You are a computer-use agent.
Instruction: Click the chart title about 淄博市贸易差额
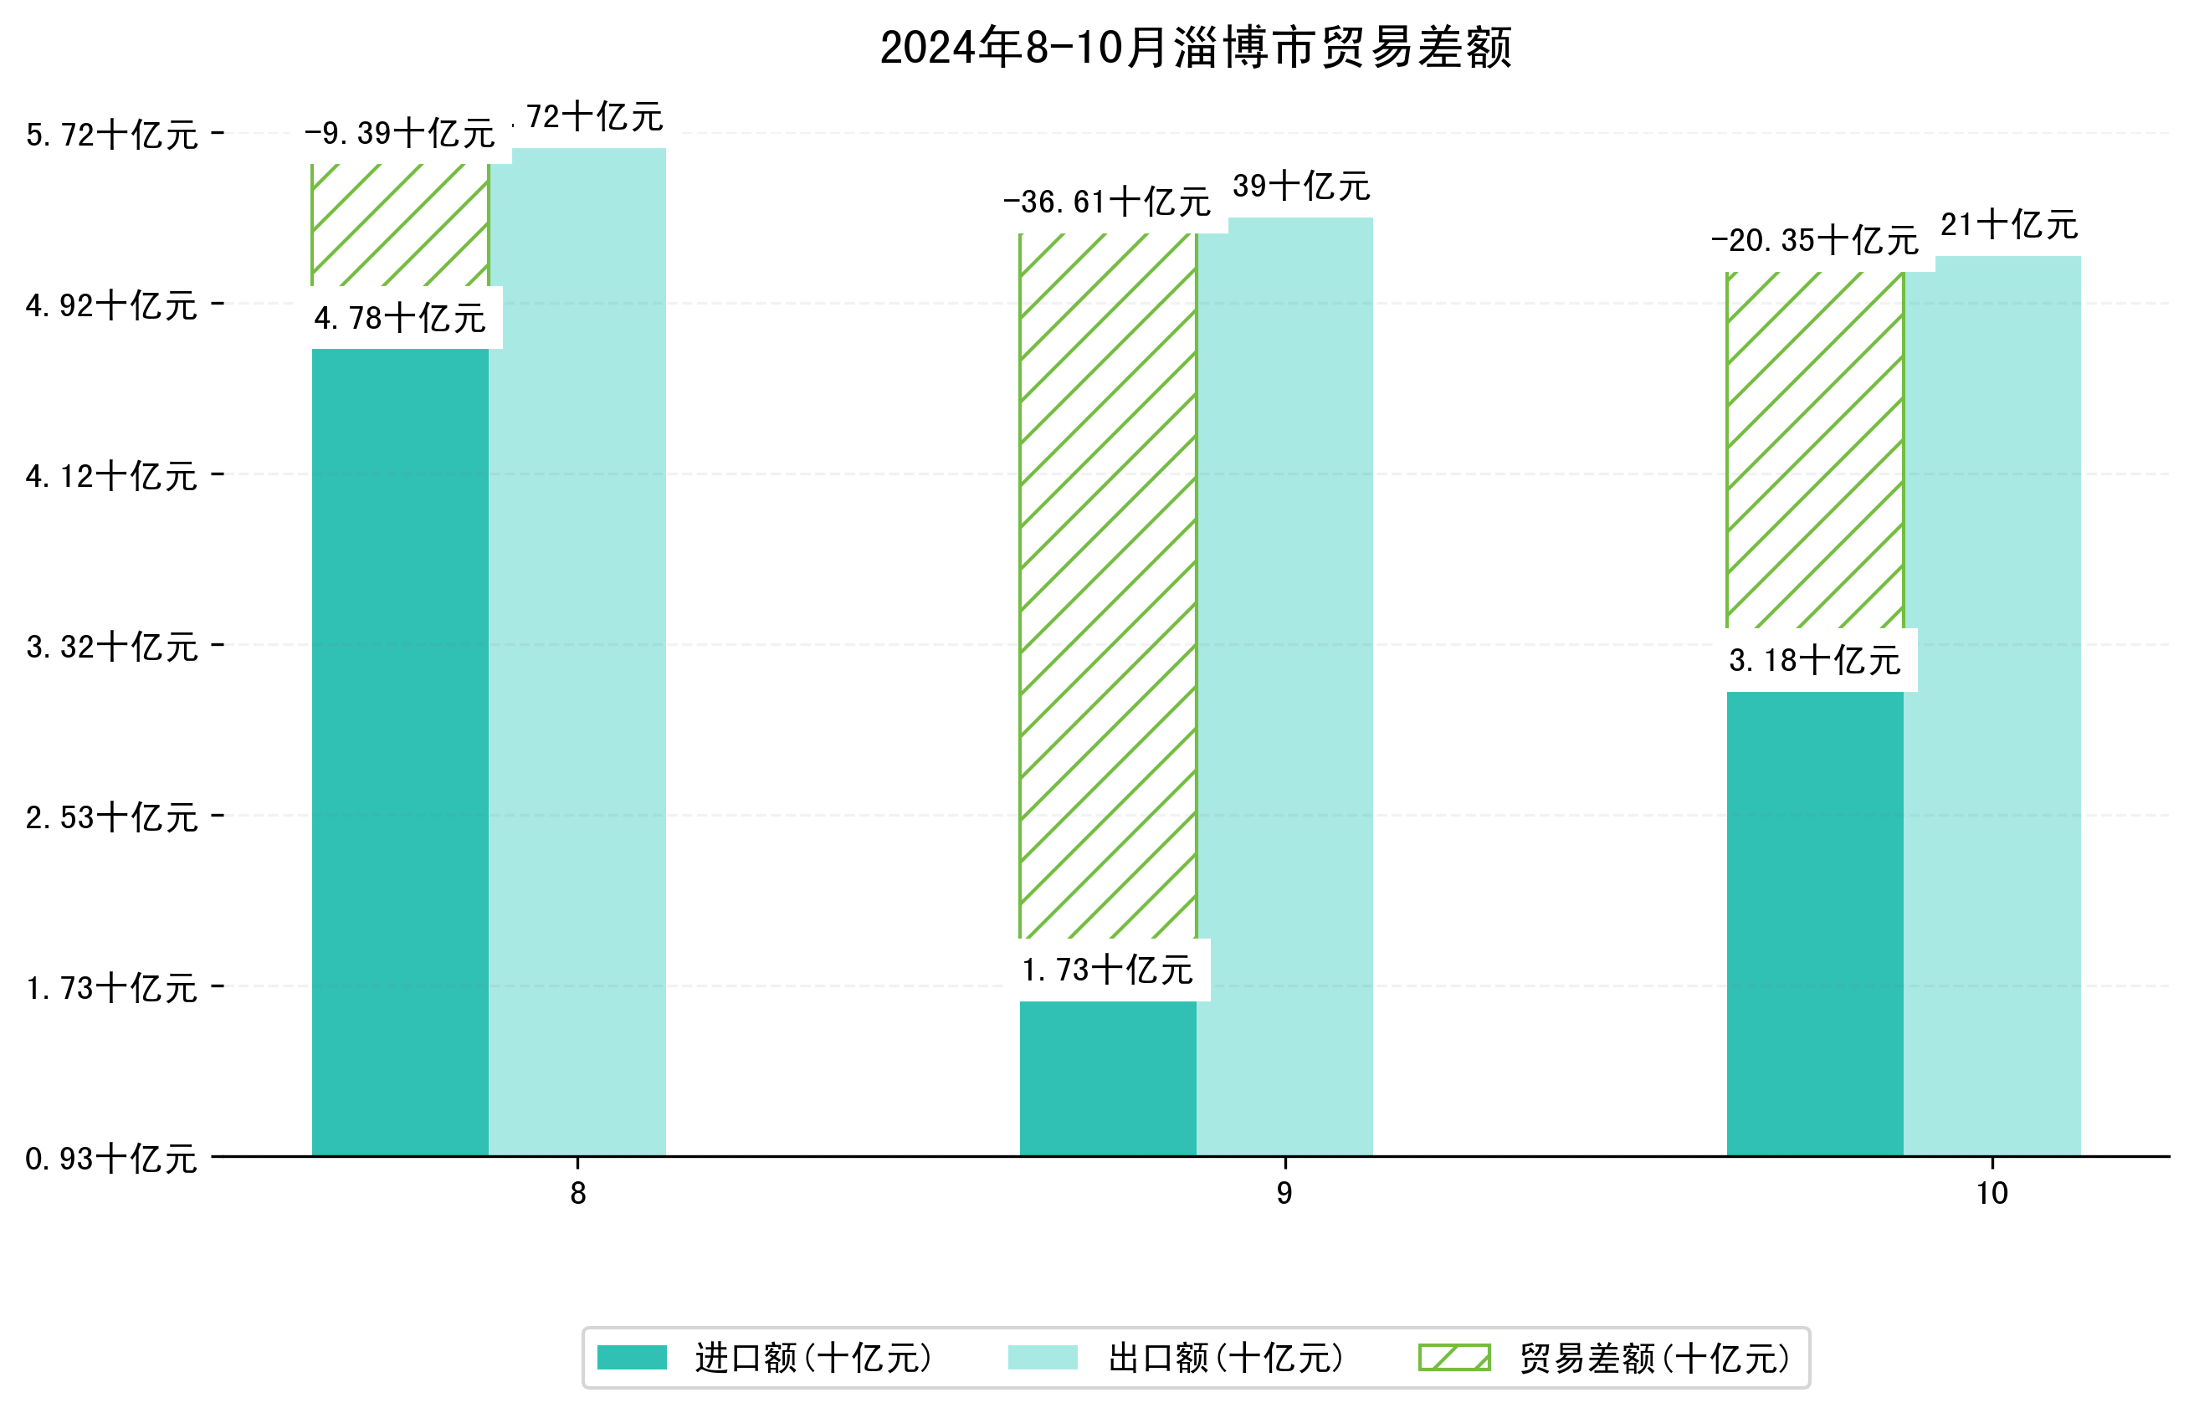coord(1195,48)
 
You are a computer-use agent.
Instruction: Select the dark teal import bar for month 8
coord(400,752)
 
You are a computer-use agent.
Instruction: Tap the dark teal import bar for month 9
coord(1108,1078)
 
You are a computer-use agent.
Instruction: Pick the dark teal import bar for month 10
coord(1814,923)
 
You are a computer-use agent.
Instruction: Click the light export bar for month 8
coord(577,652)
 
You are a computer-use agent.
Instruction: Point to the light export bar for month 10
coord(1992,705)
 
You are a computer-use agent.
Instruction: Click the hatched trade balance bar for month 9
coord(1108,587)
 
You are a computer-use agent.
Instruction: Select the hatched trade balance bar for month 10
coord(1814,449)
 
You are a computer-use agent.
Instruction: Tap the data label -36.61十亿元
coord(1107,202)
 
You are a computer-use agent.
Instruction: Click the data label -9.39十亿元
coord(399,134)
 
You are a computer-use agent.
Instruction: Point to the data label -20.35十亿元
coord(1814,240)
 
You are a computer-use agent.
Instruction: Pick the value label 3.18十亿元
coord(1814,661)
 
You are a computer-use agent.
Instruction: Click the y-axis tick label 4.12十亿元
coord(111,476)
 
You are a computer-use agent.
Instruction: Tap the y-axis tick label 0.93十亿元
coord(111,1159)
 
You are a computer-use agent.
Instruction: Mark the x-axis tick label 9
coord(1284,1194)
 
